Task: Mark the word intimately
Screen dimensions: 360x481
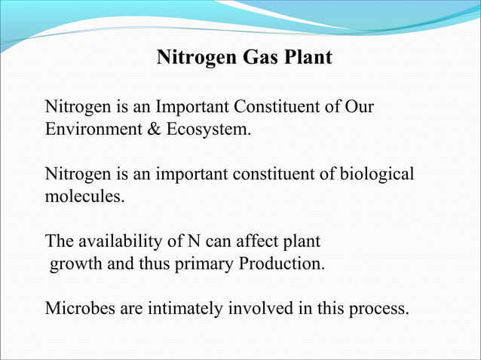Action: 187,309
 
